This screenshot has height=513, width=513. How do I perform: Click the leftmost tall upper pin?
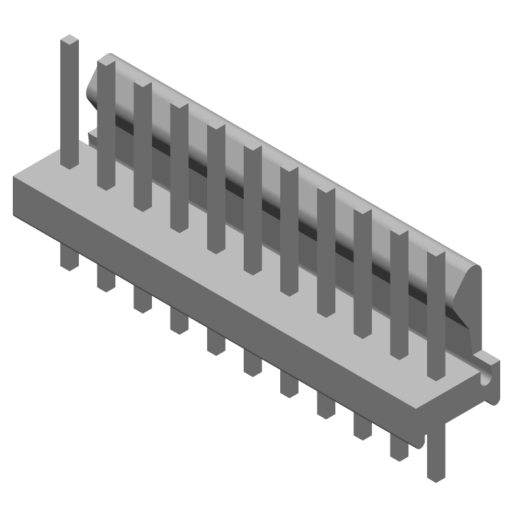69,103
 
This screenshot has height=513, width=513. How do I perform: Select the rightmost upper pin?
436,314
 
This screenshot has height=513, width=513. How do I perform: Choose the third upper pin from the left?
142,144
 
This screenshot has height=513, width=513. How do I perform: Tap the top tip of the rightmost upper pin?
436,256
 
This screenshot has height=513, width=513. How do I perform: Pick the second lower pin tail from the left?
105,277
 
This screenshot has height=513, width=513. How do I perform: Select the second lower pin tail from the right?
398,442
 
